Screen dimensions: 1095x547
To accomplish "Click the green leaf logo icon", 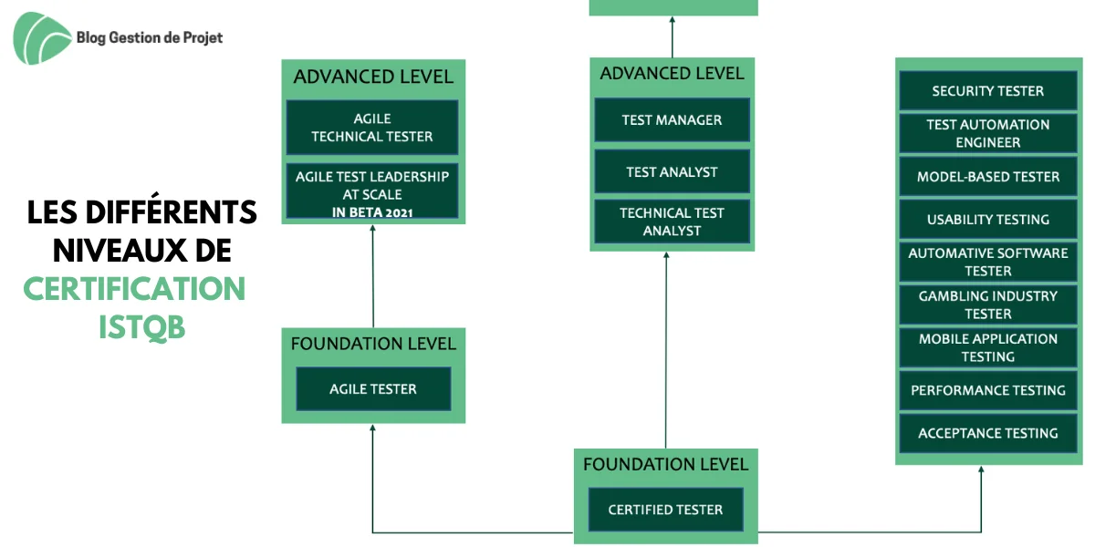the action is coord(42,38).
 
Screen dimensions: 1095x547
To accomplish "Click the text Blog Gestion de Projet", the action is coord(150,37).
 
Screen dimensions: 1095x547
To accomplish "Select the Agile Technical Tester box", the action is coord(372,128).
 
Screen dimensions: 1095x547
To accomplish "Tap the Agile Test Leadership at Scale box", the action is coord(372,191).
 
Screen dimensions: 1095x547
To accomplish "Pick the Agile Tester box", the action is coord(373,388).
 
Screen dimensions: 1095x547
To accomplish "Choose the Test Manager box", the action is coord(673,120).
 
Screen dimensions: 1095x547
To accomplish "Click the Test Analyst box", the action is coord(673,171).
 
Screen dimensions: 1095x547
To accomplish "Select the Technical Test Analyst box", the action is coord(673,222).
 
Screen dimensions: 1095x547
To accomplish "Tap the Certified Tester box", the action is coord(666,510).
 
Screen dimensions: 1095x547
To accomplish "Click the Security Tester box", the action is coord(988,91).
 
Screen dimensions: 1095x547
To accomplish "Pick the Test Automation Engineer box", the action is coord(988,133).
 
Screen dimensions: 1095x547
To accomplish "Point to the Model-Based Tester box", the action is coord(988,176).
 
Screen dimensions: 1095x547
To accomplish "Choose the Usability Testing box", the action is coord(988,220).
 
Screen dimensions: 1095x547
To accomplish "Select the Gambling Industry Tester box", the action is coord(988,304).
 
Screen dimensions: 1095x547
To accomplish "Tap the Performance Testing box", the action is coord(988,390).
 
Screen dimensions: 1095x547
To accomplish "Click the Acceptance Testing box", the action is coord(988,433).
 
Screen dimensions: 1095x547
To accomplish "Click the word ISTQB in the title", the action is coord(142,327).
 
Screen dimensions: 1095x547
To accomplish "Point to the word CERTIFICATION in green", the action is coord(134,289).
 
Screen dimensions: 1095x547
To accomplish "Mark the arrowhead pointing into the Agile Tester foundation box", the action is coord(372,428).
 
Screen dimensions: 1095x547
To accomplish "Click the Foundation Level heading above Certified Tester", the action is coord(666,464).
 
